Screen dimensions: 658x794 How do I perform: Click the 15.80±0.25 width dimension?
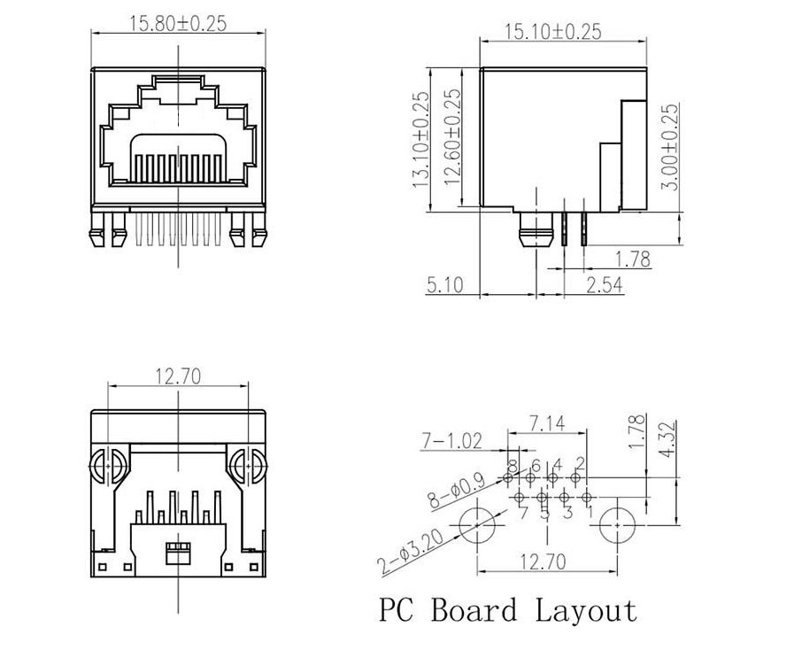coord(179,23)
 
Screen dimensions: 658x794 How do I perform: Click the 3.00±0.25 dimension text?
coord(671,146)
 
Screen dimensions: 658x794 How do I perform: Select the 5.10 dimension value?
coord(444,285)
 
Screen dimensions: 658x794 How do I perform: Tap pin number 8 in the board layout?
coord(513,466)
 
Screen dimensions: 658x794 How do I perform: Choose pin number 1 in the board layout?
coord(590,511)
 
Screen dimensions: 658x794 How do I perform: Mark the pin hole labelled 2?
coord(575,479)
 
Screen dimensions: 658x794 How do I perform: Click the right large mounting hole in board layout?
coord(616,525)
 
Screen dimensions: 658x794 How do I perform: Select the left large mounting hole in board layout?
coord(478,525)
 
